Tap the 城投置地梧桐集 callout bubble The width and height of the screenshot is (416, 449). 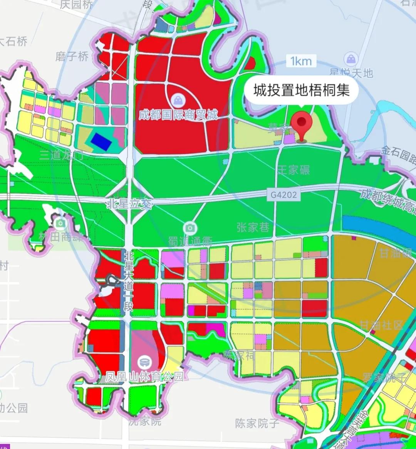tap(302, 90)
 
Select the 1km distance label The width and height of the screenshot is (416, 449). tap(301, 61)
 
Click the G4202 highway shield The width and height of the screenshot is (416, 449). tap(284, 195)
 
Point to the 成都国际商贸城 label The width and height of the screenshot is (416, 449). tap(178, 114)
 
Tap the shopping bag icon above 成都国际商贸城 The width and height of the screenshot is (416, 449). tap(178, 101)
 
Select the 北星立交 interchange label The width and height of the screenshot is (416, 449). tap(129, 203)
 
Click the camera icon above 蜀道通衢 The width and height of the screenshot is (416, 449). tap(190, 228)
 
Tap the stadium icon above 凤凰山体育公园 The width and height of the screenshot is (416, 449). tap(145, 362)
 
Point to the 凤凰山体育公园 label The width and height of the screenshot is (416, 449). tap(145, 376)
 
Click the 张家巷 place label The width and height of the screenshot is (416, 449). tap(253, 227)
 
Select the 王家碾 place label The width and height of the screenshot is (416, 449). tap(294, 170)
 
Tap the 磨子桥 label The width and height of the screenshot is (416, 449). tap(72, 57)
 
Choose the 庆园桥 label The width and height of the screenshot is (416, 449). tap(77, 5)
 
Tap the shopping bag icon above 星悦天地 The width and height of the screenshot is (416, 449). tap(351, 59)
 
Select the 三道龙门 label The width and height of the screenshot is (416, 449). tap(62, 155)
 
